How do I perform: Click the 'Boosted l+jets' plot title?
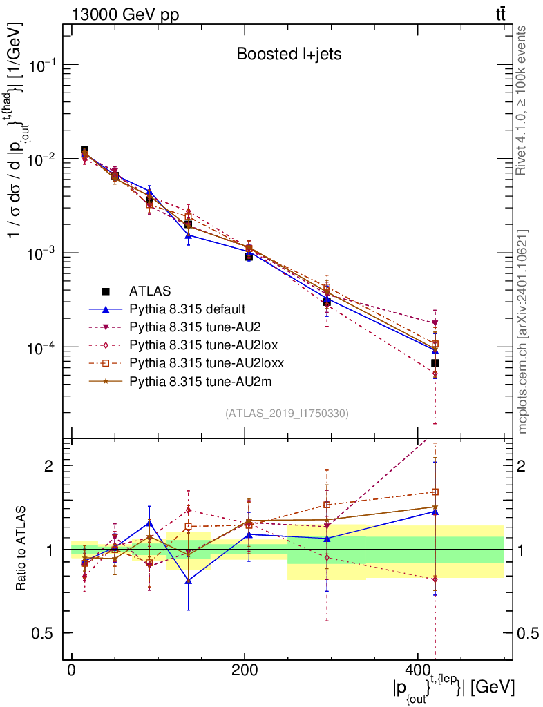tap(289, 53)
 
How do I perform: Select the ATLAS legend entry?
tap(150, 291)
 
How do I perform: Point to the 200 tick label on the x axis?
tap(244, 672)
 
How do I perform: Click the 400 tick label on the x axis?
tap(417, 672)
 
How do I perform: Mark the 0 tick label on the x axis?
tap(71, 672)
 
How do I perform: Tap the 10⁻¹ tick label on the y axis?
tap(44, 66)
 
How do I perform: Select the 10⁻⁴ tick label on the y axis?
tap(44, 347)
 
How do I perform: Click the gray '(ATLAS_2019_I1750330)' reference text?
tap(287, 414)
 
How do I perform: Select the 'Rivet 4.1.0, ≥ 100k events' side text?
tap(522, 101)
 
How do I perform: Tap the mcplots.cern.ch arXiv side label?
tap(522, 331)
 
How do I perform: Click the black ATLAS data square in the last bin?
tap(435, 363)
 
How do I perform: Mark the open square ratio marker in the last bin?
tap(435, 492)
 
